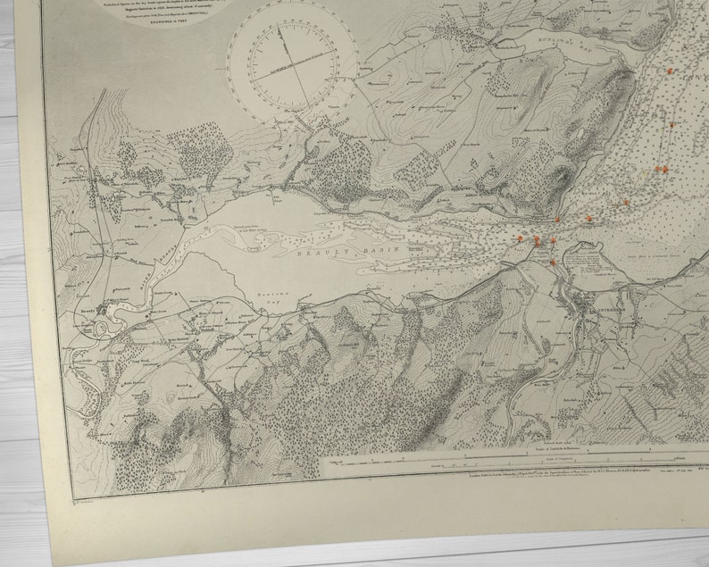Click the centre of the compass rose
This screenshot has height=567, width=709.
pos(291,66)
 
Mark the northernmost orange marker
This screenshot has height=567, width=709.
pos(669,70)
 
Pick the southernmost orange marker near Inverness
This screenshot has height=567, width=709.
pos(553,263)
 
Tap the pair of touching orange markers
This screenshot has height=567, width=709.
pos(660,168)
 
